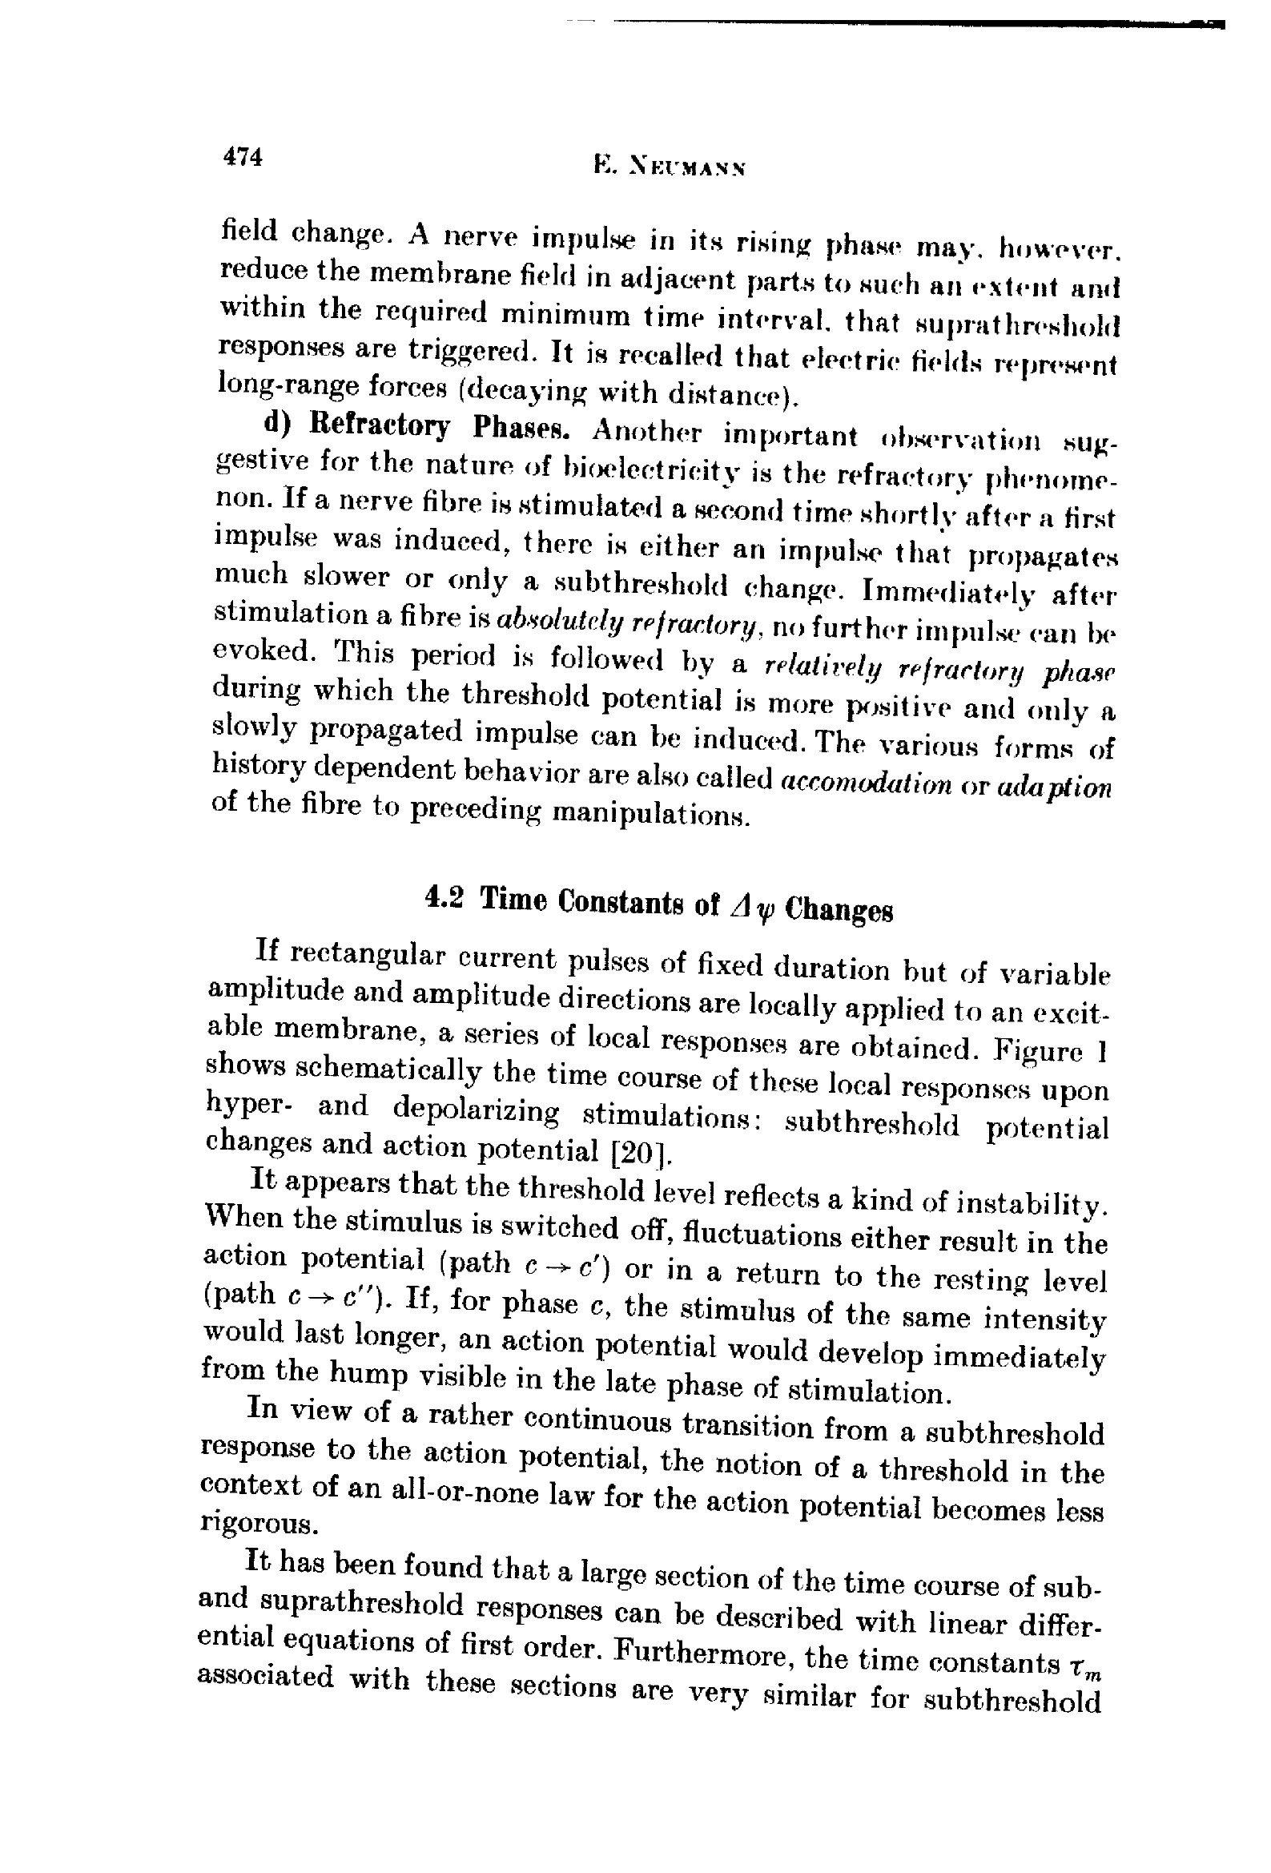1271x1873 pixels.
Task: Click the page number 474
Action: (243, 155)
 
